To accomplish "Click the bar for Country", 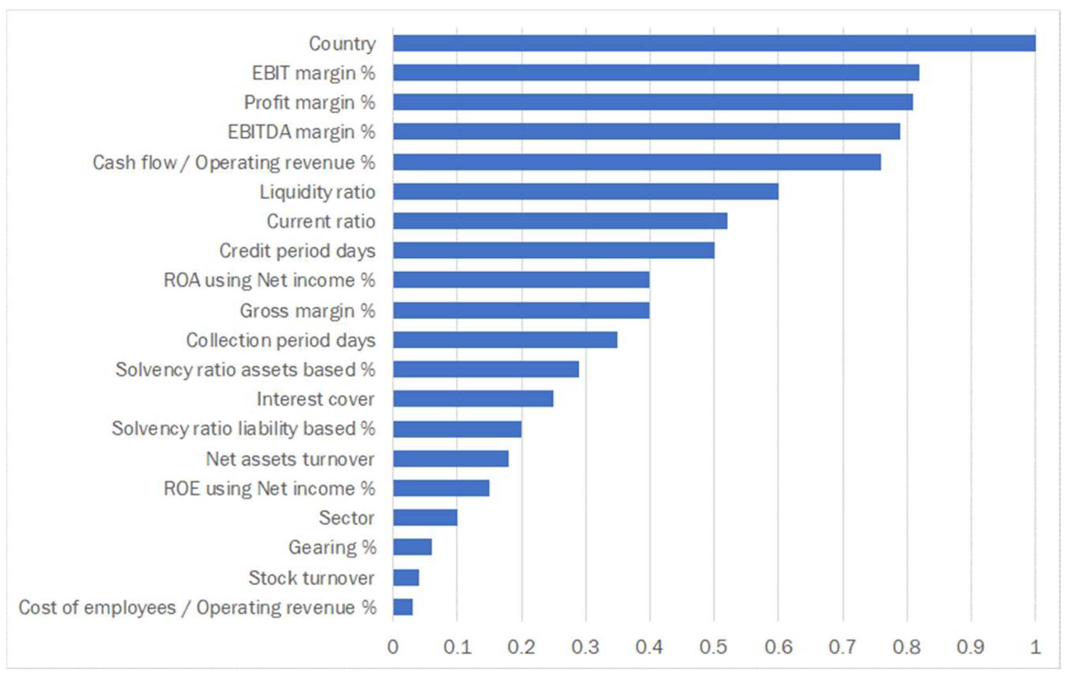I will coord(714,43).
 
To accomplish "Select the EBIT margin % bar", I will coord(656,72).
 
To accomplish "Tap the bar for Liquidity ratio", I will coord(585,192).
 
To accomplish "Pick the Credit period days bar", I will coord(554,250).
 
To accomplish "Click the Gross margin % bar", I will coord(521,311).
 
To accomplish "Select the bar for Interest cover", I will coord(473,399).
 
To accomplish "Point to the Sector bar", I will coord(425,518).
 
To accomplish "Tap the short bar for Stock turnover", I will coord(406,577).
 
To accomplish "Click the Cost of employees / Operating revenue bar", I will coord(402,607).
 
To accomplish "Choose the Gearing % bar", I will coord(412,547).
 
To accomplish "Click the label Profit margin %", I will coord(309,102).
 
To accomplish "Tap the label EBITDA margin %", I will coord(301,132).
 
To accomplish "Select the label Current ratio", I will coord(321,221).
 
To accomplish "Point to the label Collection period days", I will coord(280,341).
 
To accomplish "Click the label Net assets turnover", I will coord(290,459).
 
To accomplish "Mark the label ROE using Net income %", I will coord(269,489).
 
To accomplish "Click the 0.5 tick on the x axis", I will coord(713,647).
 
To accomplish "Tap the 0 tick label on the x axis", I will coord(393,647).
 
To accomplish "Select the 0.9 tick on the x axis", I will coord(970,647).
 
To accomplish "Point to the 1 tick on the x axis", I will coord(1035,647).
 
